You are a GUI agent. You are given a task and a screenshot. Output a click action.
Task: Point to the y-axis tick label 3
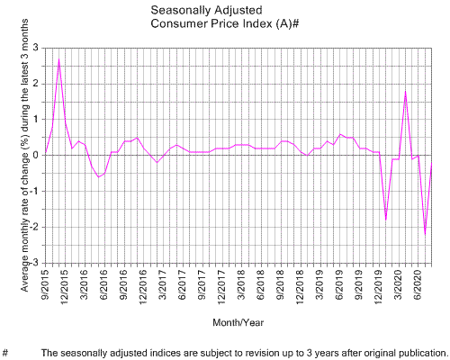[x=36, y=47]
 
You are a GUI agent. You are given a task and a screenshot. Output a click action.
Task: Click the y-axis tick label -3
[x=33, y=263]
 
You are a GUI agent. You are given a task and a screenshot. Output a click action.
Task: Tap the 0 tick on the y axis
[x=36, y=155]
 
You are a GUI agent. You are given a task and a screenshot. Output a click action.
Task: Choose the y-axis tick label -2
[x=33, y=227]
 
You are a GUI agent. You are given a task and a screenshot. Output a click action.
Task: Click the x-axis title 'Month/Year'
[x=238, y=321]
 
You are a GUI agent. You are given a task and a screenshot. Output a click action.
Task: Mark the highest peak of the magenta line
[x=59, y=60]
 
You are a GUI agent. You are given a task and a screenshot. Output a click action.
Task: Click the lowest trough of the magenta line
[x=425, y=234]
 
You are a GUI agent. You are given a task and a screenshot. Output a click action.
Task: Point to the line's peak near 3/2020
[x=406, y=91]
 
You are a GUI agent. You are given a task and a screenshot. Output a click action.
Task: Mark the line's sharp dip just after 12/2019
[x=386, y=219]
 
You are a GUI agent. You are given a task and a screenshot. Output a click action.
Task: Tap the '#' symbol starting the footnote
[x=5, y=352]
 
